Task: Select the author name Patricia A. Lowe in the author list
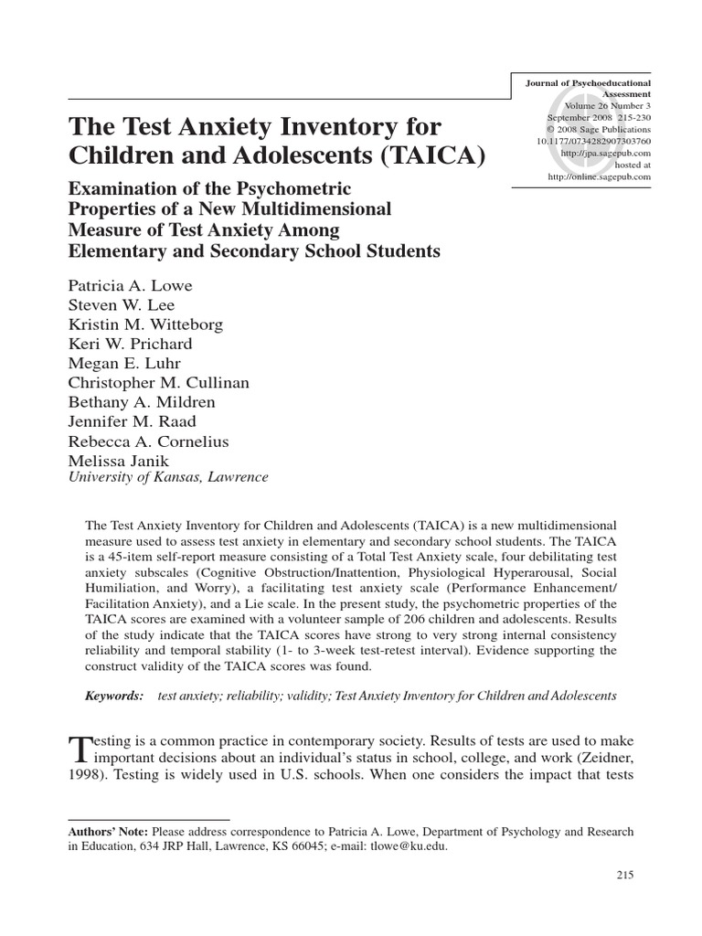pyautogui.click(x=131, y=286)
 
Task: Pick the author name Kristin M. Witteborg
pyautogui.click(x=144, y=324)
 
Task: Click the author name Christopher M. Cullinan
pyautogui.click(x=158, y=382)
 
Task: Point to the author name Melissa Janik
pyautogui.click(x=116, y=460)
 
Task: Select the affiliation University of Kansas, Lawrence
pyautogui.click(x=169, y=477)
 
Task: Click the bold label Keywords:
pyautogui.click(x=115, y=696)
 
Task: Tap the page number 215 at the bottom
pyautogui.click(x=625, y=875)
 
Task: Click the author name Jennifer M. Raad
pyautogui.click(x=130, y=420)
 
